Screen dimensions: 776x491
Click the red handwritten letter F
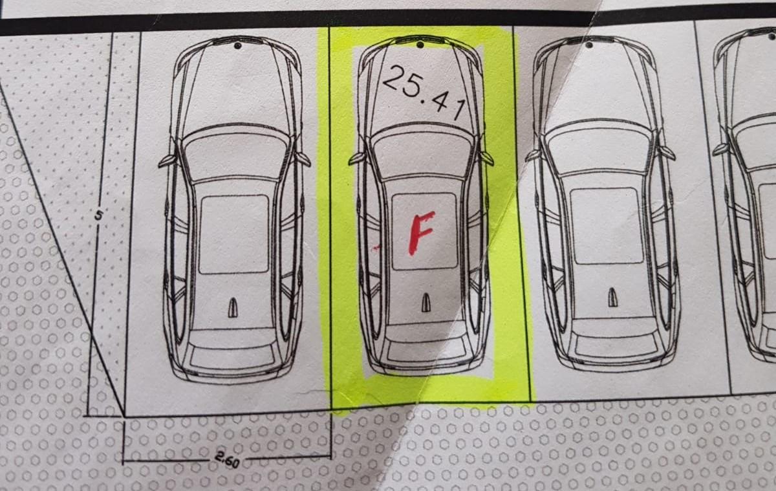pos(420,233)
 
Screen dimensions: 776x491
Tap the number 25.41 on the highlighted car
pos(424,93)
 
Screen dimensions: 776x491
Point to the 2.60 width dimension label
pos(227,460)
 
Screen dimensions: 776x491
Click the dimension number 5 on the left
pos(99,216)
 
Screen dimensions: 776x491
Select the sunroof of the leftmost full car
pos(234,234)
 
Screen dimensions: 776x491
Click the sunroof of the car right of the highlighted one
pos(607,226)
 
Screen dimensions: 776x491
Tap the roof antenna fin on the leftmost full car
pos(233,308)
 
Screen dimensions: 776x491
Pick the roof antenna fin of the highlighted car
pos(426,302)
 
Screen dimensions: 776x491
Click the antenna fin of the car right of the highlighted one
pos(613,298)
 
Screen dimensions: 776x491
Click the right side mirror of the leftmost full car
pos(302,159)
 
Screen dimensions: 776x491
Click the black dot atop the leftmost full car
pos(238,45)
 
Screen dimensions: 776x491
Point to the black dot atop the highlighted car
pos(420,45)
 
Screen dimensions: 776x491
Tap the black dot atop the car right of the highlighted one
pos(589,45)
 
